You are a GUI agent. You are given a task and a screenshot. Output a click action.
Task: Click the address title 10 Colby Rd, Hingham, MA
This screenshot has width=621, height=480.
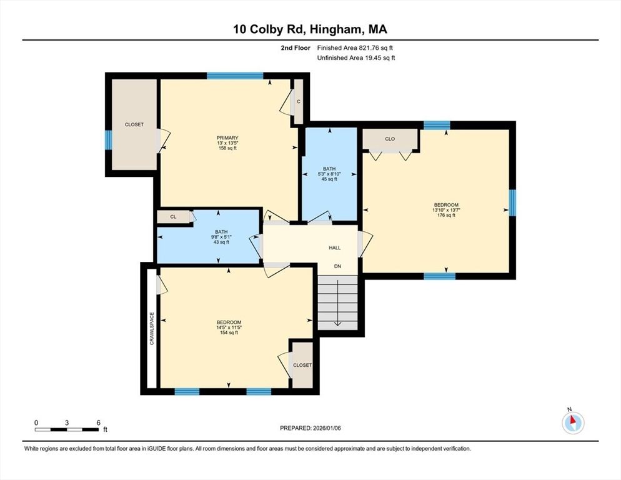310,29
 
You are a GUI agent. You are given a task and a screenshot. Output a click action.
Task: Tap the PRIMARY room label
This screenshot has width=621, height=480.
227,138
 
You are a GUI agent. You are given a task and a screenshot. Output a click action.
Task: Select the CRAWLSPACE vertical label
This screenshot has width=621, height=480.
152,329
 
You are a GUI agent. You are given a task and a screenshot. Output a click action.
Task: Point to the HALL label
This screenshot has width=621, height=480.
335,248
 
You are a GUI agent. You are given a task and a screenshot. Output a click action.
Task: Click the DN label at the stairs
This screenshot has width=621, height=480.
337,266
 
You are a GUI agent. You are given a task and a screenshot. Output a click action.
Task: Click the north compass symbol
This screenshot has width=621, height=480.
572,423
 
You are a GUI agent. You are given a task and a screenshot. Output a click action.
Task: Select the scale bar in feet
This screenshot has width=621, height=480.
67,429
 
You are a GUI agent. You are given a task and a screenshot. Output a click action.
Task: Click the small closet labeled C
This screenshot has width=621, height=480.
299,101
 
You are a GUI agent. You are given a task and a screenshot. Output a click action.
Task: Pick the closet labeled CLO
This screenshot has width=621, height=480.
390,139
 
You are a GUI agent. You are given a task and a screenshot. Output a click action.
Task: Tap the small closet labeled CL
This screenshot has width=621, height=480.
173,217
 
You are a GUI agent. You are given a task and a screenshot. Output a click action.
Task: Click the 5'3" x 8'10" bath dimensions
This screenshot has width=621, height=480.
329,174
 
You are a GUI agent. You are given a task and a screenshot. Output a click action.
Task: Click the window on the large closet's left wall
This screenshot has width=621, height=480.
108,139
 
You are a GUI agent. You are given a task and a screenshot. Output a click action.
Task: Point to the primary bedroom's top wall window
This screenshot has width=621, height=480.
235,76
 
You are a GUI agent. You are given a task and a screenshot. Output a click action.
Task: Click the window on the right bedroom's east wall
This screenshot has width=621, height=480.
512,202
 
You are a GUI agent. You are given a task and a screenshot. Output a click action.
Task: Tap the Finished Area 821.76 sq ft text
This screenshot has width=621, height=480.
355,47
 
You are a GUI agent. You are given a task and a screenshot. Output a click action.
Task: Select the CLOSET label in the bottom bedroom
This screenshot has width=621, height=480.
302,365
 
